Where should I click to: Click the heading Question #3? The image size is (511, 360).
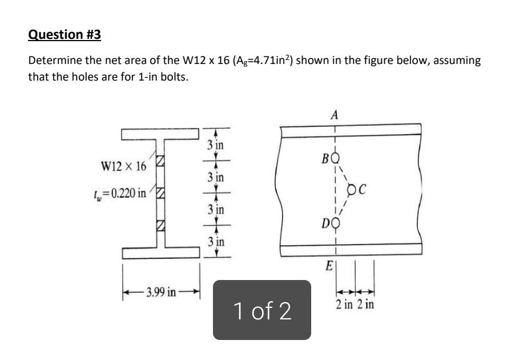click(x=65, y=35)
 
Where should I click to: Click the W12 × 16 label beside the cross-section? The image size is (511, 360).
click(x=123, y=166)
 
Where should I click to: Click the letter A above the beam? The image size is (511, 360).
click(x=335, y=115)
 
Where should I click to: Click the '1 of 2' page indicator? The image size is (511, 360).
click(x=262, y=310)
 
